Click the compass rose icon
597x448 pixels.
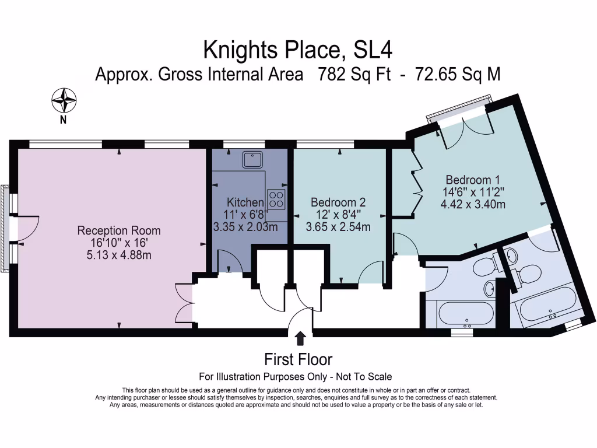(x=64, y=100)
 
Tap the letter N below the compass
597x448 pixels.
(x=63, y=120)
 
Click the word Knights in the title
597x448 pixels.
(x=239, y=51)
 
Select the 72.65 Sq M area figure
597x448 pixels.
(x=457, y=75)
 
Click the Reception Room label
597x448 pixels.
(x=119, y=231)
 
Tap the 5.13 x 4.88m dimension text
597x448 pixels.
(x=119, y=254)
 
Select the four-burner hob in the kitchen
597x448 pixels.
(x=276, y=199)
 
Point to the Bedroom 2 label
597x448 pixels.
(x=338, y=202)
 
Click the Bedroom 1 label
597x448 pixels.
(x=473, y=180)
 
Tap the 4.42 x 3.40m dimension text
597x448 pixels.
(x=473, y=204)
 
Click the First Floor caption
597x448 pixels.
(x=298, y=359)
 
